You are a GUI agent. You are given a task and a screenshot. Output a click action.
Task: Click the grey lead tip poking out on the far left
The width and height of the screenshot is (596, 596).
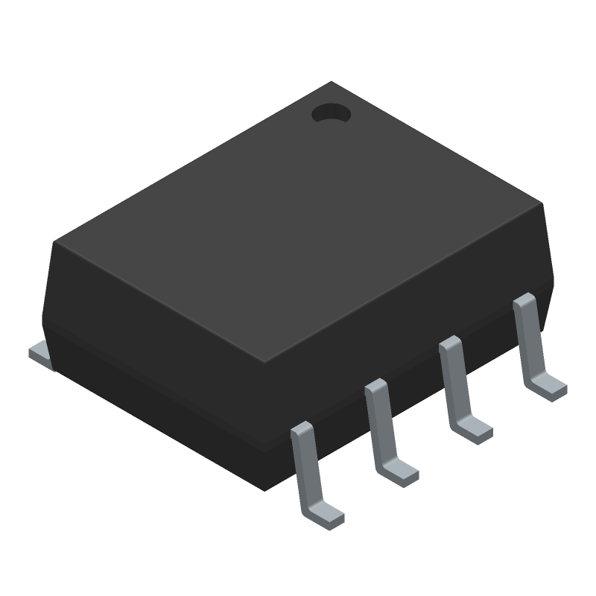pyautogui.click(x=41, y=354)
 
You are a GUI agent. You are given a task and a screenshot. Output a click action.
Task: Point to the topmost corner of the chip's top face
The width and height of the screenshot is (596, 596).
pyautogui.click(x=332, y=83)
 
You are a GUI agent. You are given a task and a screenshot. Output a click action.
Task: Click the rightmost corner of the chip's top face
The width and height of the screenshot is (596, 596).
pyautogui.click(x=542, y=203)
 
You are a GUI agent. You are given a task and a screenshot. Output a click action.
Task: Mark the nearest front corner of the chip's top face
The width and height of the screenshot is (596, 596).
pyautogui.click(x=264, y=362)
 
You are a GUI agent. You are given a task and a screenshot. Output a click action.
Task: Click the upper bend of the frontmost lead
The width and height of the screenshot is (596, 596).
pyautogui.click(x=301, y=428)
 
